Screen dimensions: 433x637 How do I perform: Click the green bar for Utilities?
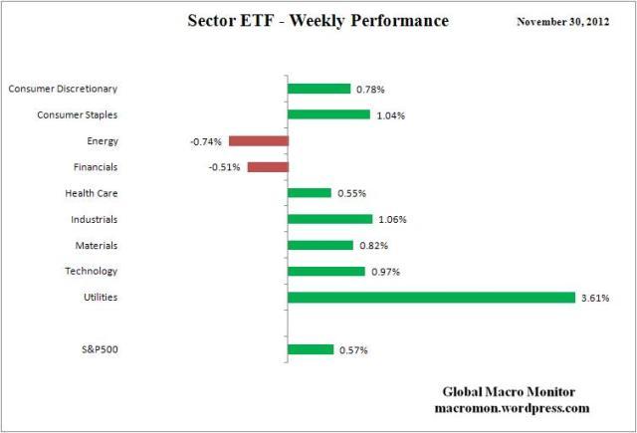[430, 297]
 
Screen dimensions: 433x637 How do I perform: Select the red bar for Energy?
[258, 141]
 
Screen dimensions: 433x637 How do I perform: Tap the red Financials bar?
[267, 167]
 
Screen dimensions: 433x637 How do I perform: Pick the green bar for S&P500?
[310, 348]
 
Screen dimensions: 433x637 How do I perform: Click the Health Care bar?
[309, 193]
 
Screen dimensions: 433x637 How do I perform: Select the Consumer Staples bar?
[327, 114]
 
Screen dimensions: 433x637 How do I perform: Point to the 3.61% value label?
[595, 298]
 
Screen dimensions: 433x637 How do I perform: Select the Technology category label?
[92, 271]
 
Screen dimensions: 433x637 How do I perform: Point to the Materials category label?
[96, 245]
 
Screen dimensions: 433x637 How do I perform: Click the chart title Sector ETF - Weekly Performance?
[318, 21]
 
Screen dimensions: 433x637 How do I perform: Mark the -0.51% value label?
[225, 167]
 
